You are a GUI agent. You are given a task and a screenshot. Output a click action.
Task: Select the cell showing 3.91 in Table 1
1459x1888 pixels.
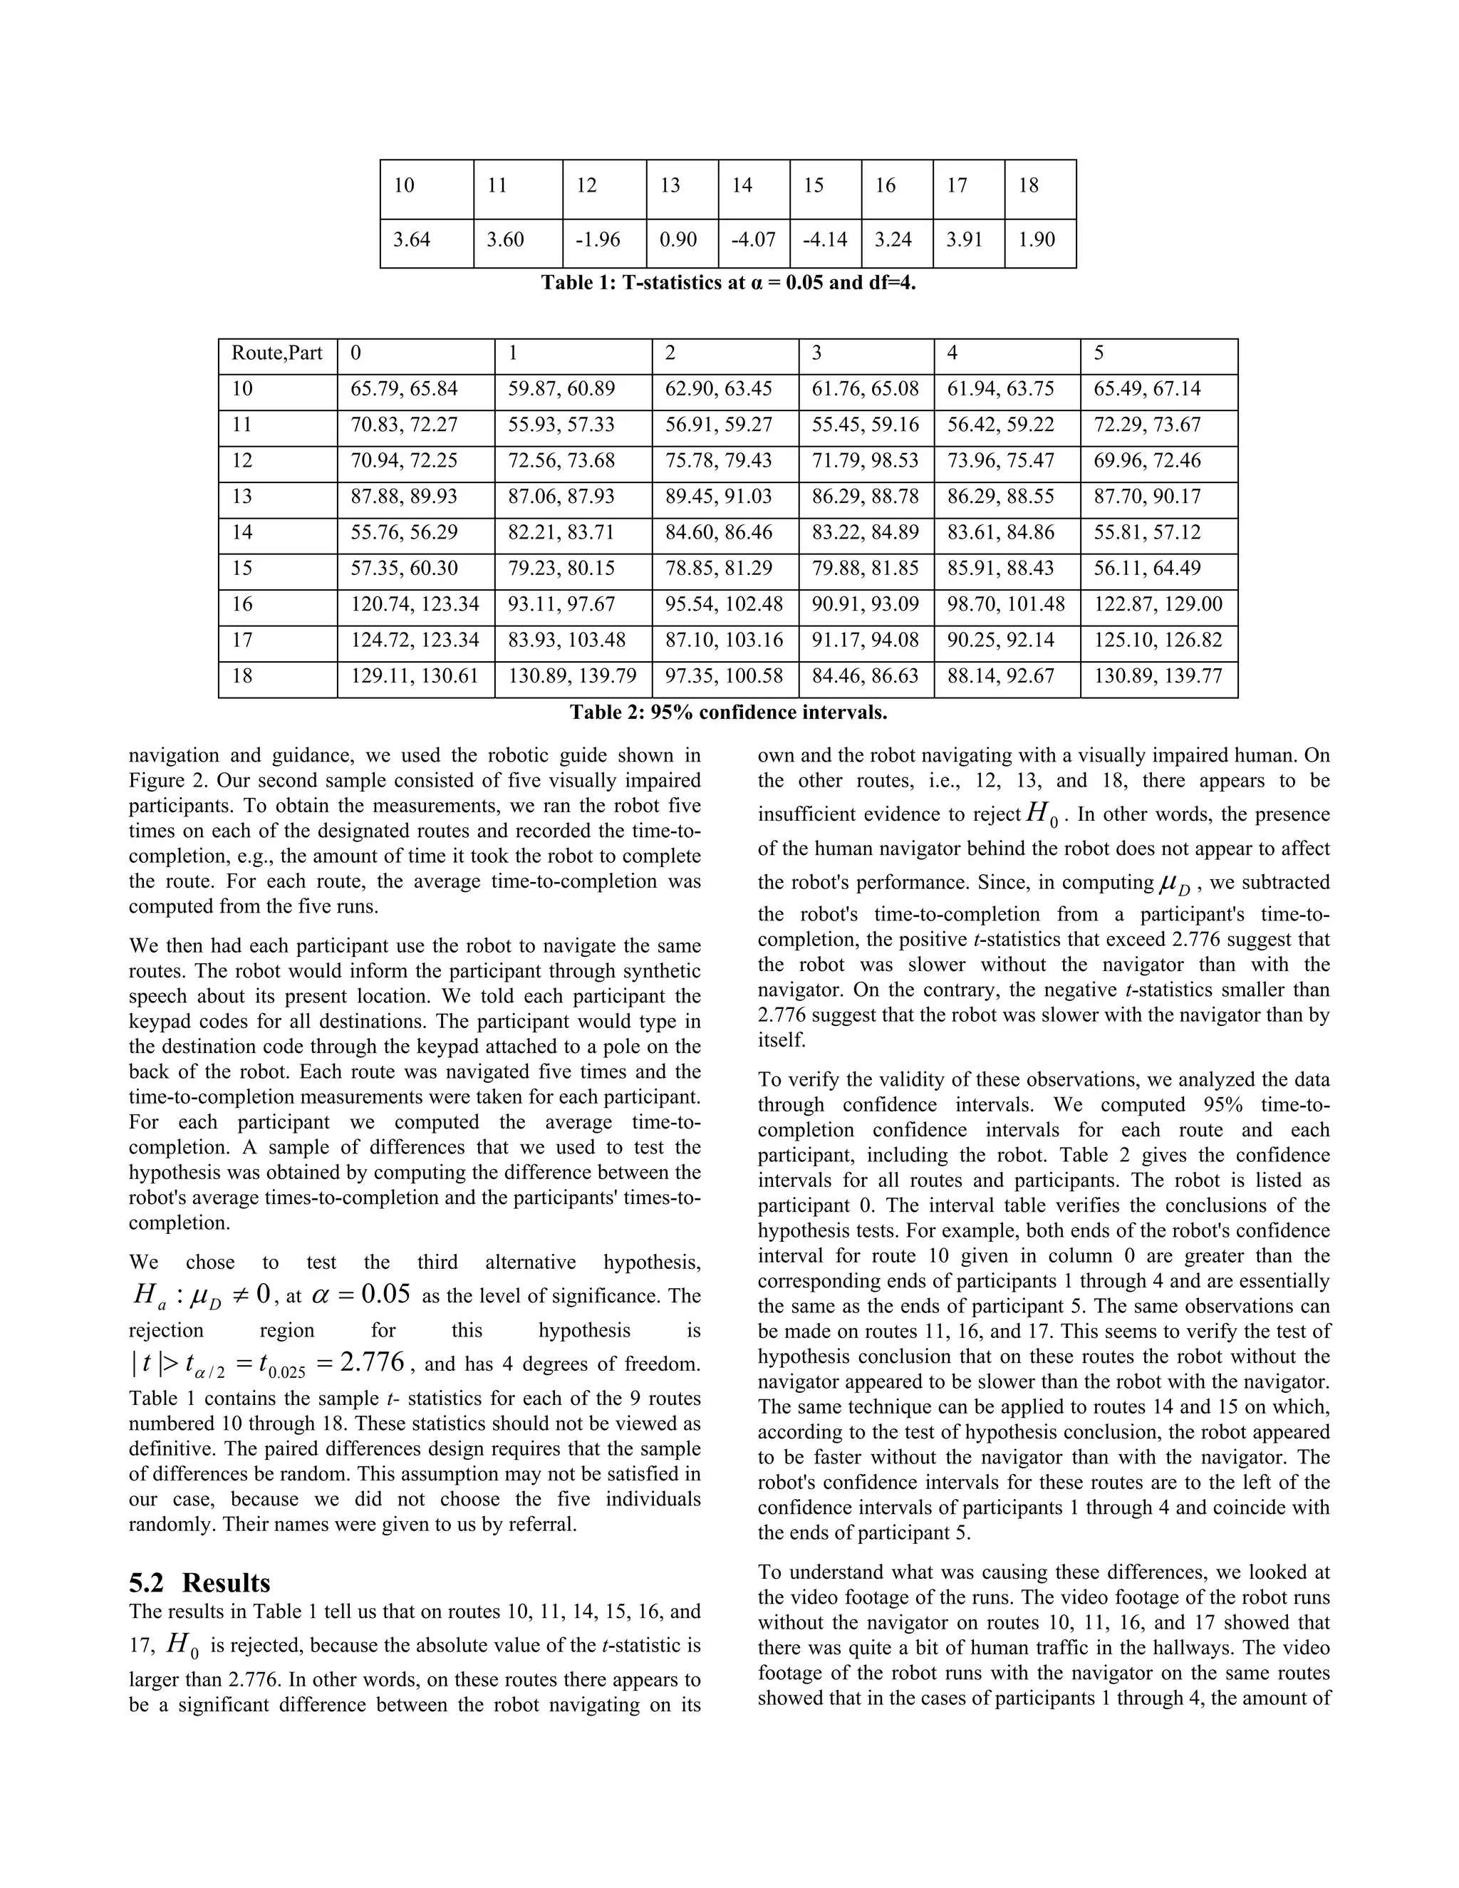tap(964, 239)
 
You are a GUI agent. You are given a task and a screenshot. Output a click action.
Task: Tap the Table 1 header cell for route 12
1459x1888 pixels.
tap(587, 185)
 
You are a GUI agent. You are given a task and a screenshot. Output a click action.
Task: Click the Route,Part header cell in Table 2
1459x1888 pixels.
tap(276, 353)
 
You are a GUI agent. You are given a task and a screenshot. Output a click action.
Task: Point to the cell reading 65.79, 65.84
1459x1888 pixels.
tap(404, 389)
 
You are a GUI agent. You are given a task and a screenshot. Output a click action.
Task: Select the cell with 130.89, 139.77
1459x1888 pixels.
tap(1158, 676)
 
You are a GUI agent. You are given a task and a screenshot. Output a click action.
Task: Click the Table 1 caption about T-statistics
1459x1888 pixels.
tap(728, 283)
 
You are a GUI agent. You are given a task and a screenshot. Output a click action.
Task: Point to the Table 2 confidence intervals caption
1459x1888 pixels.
tap(728, 712)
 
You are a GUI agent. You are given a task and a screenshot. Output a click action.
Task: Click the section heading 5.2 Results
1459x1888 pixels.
tap(199, 1583)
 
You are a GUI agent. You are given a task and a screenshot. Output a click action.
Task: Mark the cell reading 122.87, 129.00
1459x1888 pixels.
tap(1158, 604)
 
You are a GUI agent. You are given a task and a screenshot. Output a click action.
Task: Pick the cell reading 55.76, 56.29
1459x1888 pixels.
tap(404, 532)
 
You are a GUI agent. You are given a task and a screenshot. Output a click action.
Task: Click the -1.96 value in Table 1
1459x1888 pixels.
tap(597, 239)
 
